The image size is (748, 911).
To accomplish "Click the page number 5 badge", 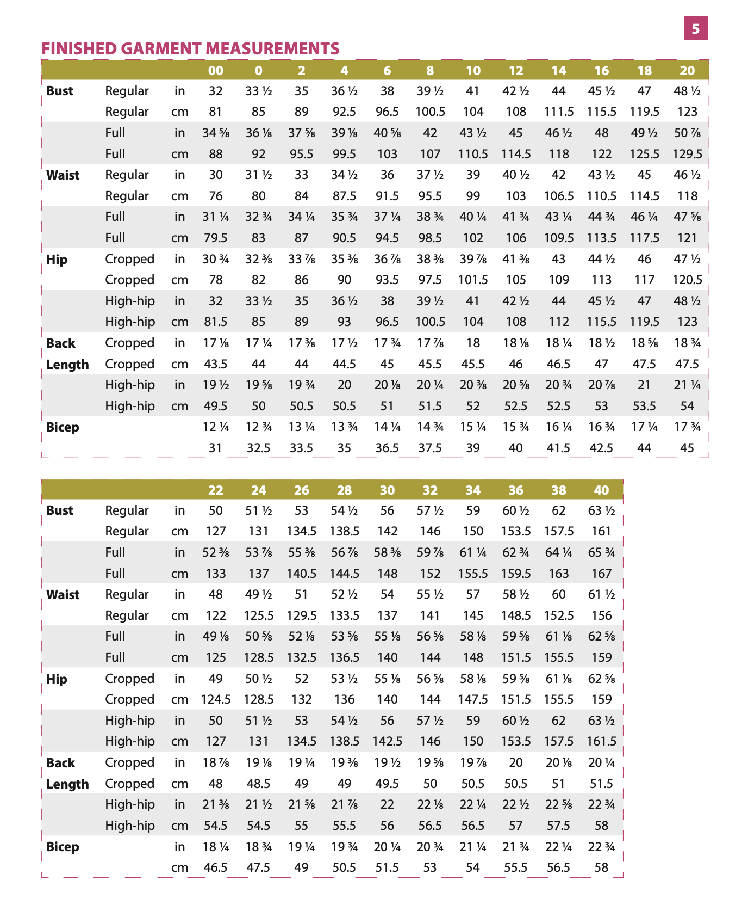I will pyautogui.click(x=695, y=28).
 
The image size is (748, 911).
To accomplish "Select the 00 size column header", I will pyautogui.click(x=216, y=70).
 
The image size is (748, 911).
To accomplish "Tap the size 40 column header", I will pyautogui.click(x=601, y=490).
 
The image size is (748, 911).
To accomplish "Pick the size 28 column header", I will pyautogui.click(x=344, y=490).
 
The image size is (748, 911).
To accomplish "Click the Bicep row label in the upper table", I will pyautogui.click(x=63, y=427).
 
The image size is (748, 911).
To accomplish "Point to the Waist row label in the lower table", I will pyautogui.click(x=63, y=595).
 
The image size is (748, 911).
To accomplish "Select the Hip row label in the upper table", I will pyautogui.click(x=57, y=259).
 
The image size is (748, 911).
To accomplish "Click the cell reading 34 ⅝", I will pyautogui.click(x=216, y=133).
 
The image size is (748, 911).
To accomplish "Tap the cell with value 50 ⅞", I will pyautogui.click(x=687, y=133).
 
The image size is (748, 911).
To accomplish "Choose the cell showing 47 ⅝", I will pyautogui.click(x=687, y=217).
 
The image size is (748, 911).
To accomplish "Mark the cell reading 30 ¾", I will pyautogui.click(x=216, y=259).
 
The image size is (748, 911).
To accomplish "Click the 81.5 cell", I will pyautogui.click(x=216, y=322).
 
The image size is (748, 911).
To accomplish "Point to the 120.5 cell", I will pyautogui.click(x=687, y=280).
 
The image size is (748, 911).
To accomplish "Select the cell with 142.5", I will pyautogui.click(x=387, y=741).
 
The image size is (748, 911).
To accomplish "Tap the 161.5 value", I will pyautogui.click(x=601, y=741).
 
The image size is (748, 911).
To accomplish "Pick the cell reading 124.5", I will pyautogui.click(x=216, y=699).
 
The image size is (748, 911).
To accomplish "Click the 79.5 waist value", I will pyautogui.click(x=216, y=238).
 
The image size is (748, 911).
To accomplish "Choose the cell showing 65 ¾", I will pyautogui.click(x=601, y=552).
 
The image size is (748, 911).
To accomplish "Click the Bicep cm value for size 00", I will pyautogui.click(x=216, y=448).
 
